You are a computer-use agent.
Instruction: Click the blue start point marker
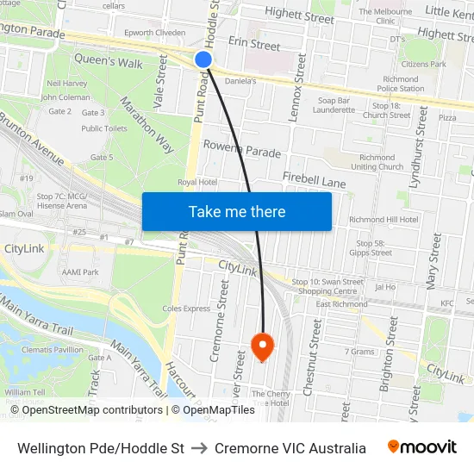pyautogui.click(x=203, y=59)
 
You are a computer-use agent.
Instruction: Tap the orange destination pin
pyautogui.click(x=262, y=346)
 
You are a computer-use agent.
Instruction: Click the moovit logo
pyautogui.click(x=421, y=447)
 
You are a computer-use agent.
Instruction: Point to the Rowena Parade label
pyautogui.click(x=242, y=149)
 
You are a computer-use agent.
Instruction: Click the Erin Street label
pyautogui.click(x=254, y=44)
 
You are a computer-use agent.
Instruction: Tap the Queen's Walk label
pyautogui.click(x=109, y=62)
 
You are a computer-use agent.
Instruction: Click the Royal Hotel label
pyautogui.click(x=196, y=182)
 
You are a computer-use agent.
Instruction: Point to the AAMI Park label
pyautogui.click(x=80, y=271)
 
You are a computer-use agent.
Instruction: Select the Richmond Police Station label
pyautogui.click(x=400, y=84)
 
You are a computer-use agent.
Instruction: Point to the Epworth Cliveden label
pyautogui.click(x=155, y=33)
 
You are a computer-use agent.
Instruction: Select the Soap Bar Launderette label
pyautogui.click(x=333, y=105)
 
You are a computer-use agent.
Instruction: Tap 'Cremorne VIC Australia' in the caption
pyautogui.click(x=290, y=448)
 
